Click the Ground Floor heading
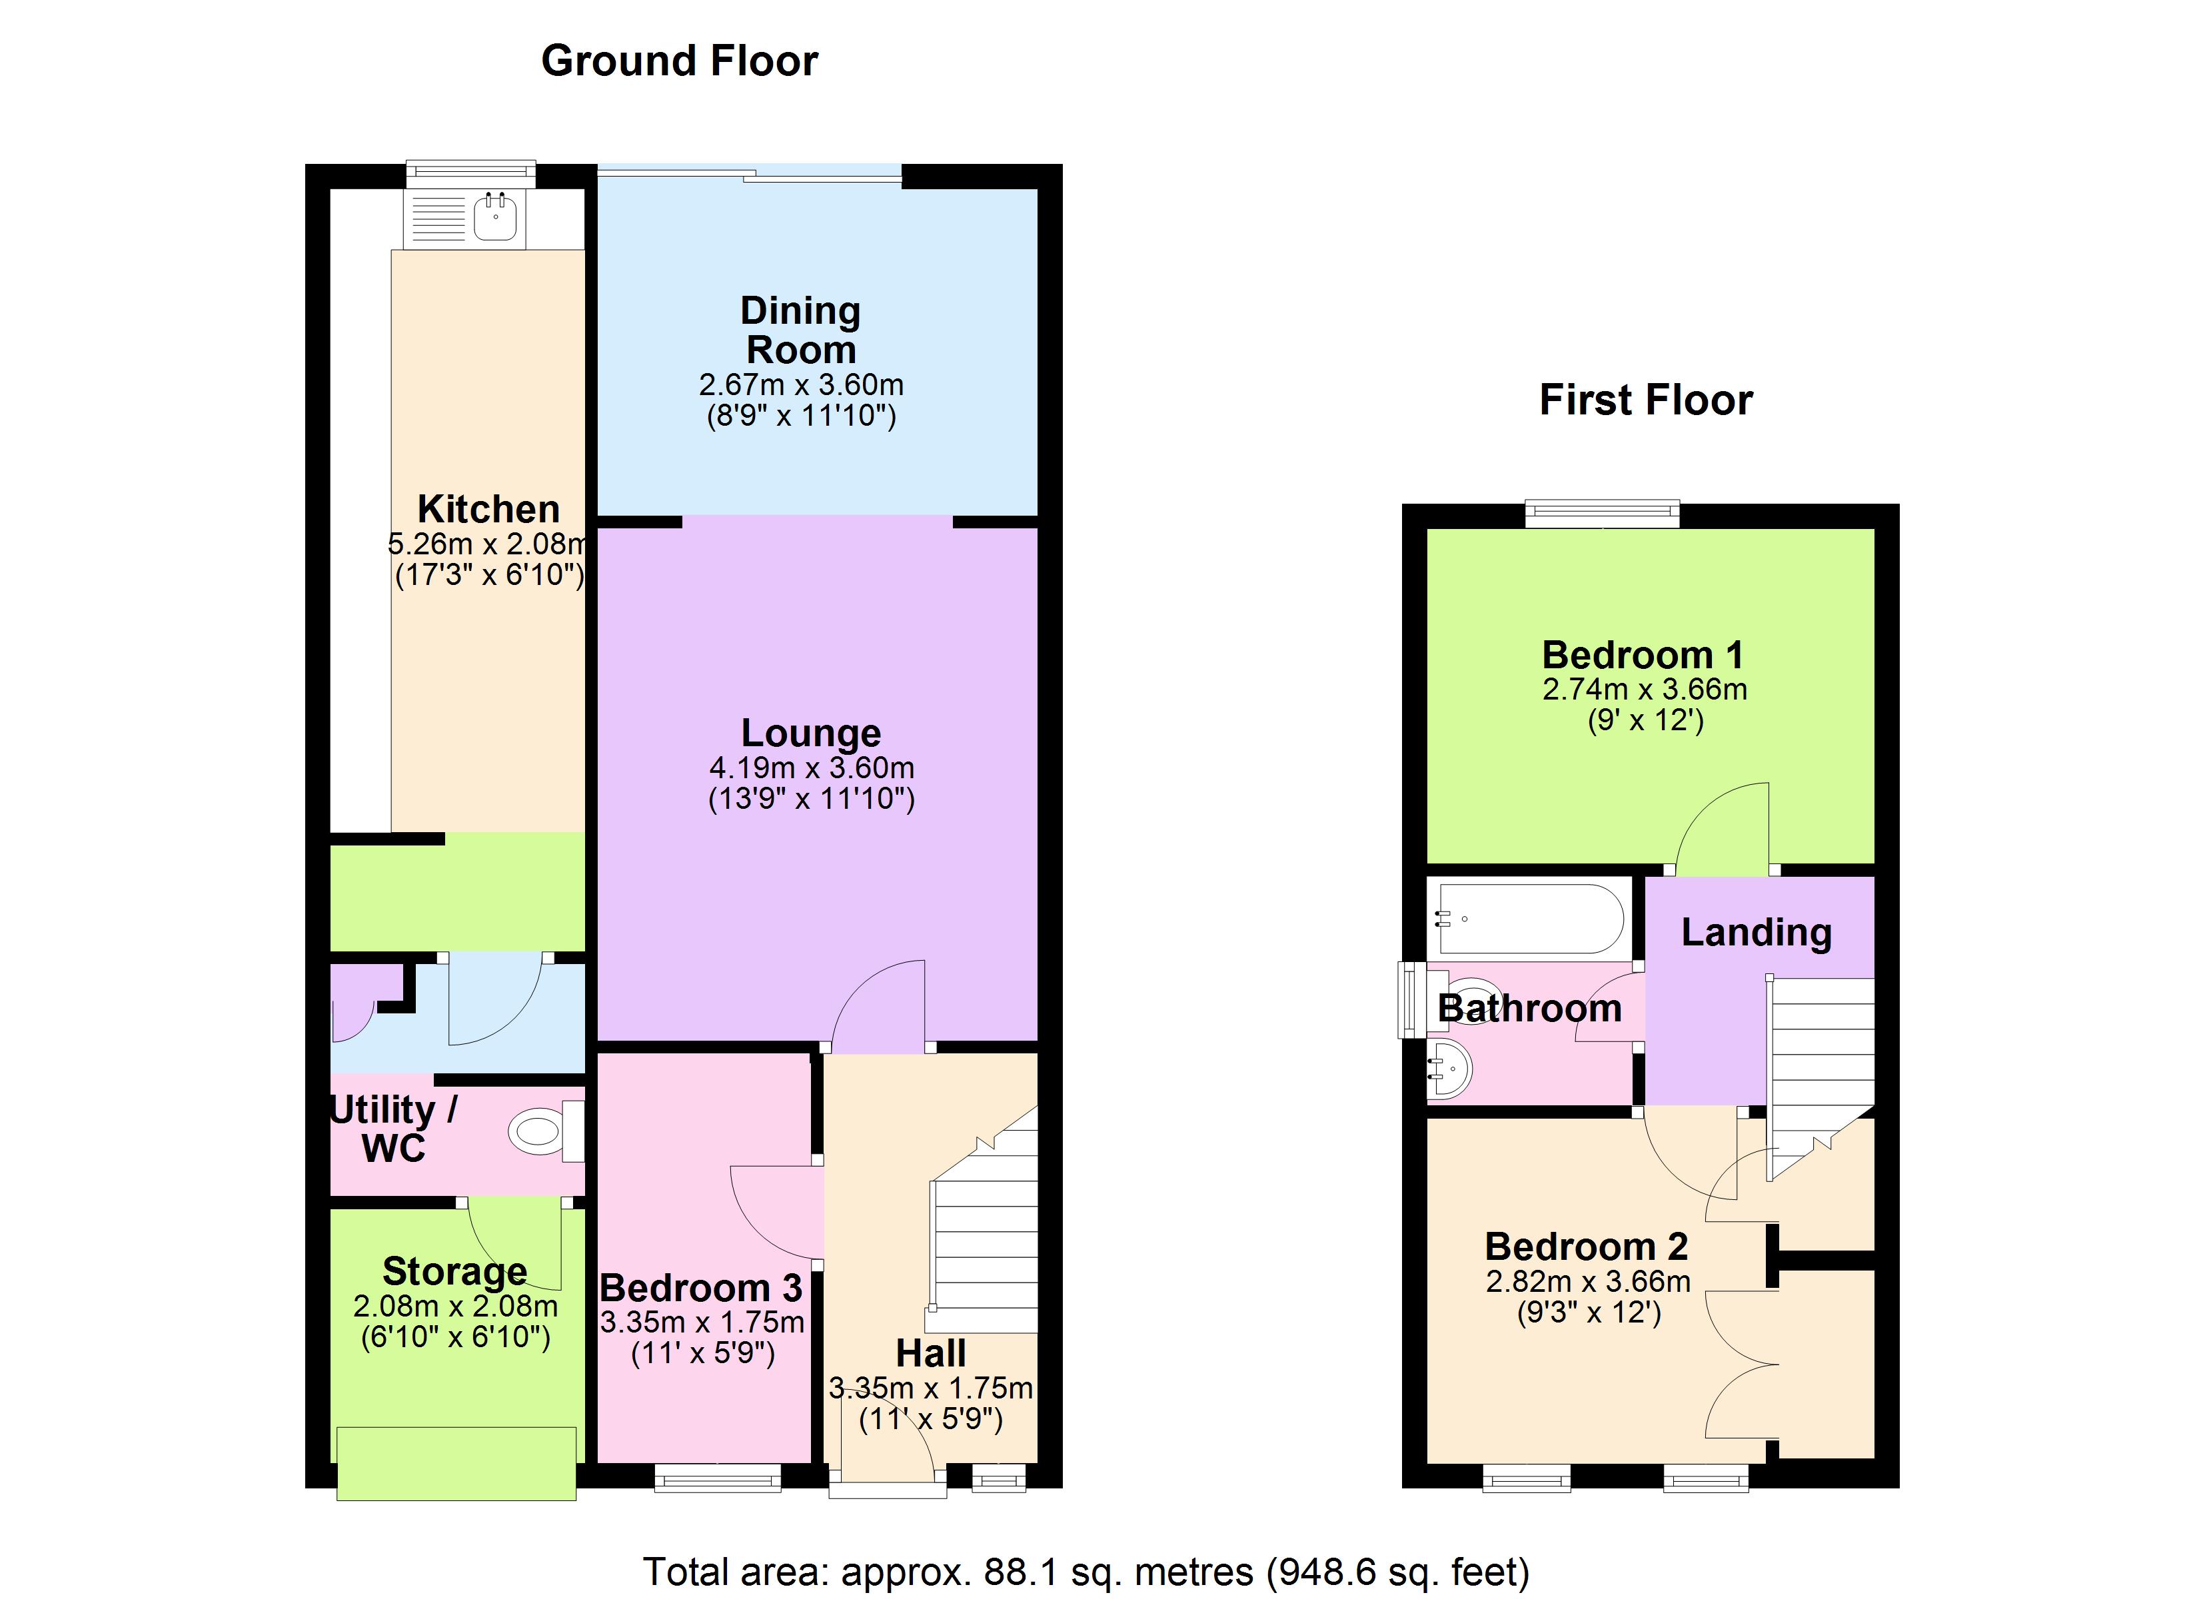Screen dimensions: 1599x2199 click(679, 61)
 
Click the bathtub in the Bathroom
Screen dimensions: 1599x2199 click(1530, 918)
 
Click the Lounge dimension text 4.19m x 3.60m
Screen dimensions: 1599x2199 click(812, 768)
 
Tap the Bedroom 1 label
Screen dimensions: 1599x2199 click(1643, 656)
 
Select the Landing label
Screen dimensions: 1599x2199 click(1756, 932)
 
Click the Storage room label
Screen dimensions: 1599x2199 click(454, 1271)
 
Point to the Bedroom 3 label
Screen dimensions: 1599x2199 click(701, 1288)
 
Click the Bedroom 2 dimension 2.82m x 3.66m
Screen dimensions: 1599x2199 click(1588, 1282)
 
